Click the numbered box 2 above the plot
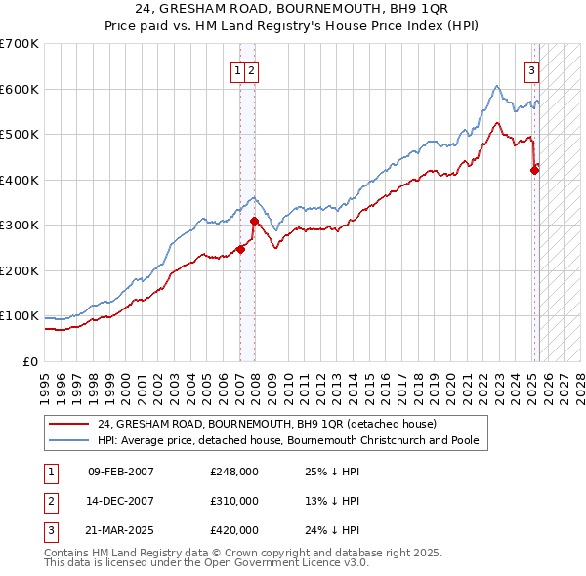[251, 70]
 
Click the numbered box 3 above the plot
[532, 70]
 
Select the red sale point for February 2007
[240, 249]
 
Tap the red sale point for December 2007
[254, 221]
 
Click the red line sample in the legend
[69, 424]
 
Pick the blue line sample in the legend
[69, 440]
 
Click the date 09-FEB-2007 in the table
[121, 472]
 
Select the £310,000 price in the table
[234, 501]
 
